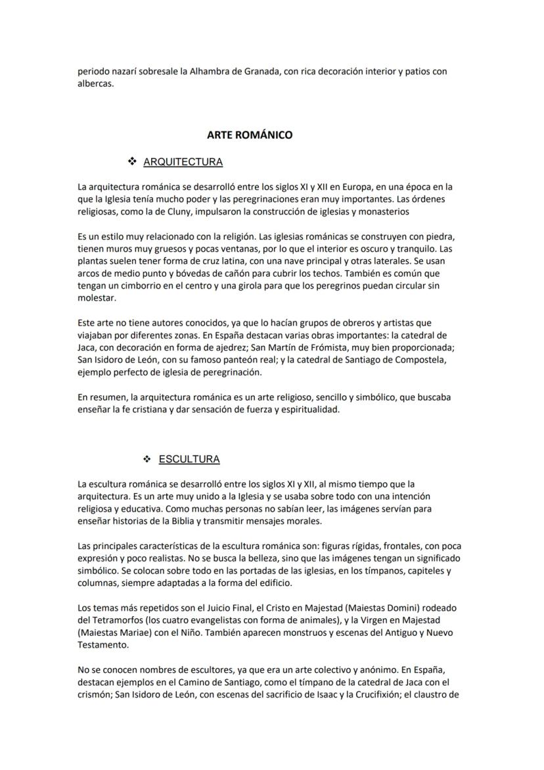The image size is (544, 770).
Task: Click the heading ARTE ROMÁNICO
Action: coord(250,135)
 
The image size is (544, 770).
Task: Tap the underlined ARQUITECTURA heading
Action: coord(183,162)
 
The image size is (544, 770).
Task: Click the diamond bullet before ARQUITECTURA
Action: coord(131,162)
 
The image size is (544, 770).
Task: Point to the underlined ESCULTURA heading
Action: coord(189,459)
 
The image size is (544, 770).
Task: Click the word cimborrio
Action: coord(137,286)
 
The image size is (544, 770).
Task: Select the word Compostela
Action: coord(420,360)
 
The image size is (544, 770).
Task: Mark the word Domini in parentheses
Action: coord(394,608)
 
